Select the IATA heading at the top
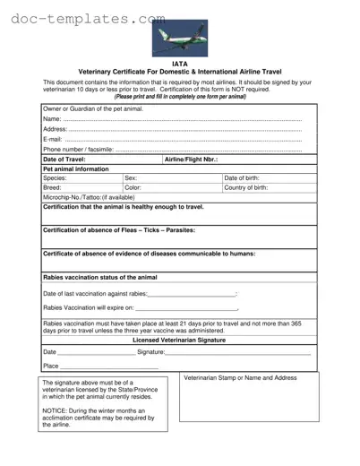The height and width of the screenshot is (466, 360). coord(180,64)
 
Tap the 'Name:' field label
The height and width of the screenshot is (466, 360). coord(52,119)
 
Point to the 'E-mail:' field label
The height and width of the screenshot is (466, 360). coord(53,139)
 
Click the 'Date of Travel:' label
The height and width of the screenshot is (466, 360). coord(64,159)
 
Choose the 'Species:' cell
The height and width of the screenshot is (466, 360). coord(56,178)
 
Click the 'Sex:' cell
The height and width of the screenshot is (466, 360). coord(131,178)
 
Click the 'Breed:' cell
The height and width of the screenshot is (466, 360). coord(53,188)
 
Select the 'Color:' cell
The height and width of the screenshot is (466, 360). coord(133,188)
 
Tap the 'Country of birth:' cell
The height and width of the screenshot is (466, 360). coord(246,188)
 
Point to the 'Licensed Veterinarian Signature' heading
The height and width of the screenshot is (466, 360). coord(179,341)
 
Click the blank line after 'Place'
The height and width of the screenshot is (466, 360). coord(108,366)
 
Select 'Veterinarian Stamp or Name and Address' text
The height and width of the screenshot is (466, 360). coord(240,379)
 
